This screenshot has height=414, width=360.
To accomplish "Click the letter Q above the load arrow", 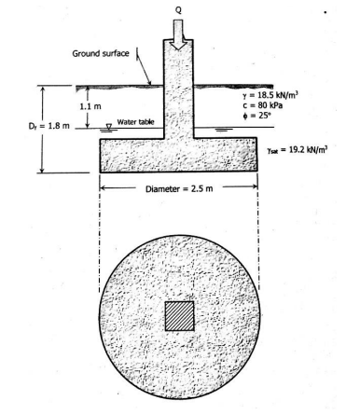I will pos(179,8).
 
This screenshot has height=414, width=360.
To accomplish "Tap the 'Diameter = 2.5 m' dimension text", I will pos(178,186).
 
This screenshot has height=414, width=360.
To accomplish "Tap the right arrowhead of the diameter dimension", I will pos(255,186).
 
